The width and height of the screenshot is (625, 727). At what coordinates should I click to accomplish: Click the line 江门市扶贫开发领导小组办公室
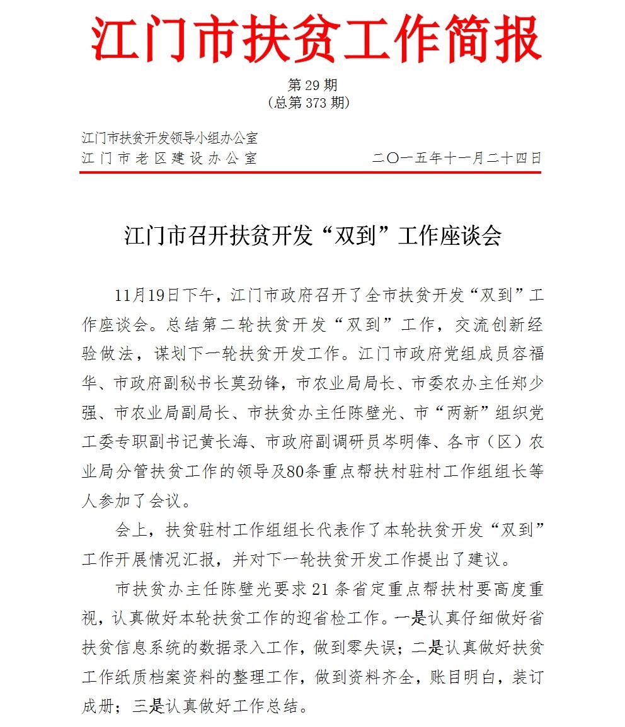[x=169, y=137]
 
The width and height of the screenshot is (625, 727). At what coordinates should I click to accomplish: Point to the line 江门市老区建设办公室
[x=169, y=157]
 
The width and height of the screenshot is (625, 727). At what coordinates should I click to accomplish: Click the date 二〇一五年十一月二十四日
[x=457, y=157]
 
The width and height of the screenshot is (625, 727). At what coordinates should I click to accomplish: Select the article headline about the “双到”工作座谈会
[x=312, y=237]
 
